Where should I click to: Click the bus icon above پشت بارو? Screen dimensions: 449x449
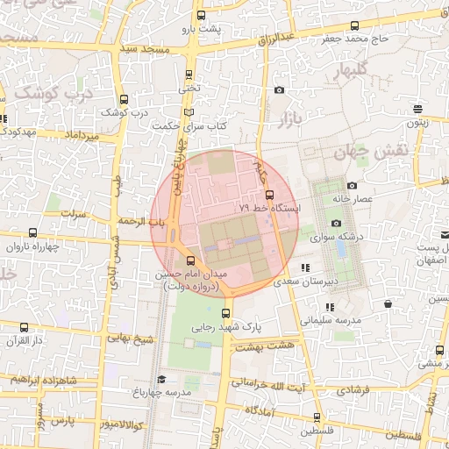pos(202,16)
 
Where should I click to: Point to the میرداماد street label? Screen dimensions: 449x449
pos(88,136)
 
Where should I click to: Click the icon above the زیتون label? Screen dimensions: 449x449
pos(417,110)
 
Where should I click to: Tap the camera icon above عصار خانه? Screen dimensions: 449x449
pos(352,185)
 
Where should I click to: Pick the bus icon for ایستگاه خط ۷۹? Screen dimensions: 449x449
pos(269,195)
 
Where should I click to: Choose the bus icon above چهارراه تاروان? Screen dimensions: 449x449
pos(33,233)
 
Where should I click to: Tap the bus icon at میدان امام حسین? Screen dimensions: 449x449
pos(192,260)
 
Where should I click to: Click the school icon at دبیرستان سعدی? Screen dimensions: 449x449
pos(304,267)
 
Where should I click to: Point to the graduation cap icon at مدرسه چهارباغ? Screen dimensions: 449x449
pos(161,379)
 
